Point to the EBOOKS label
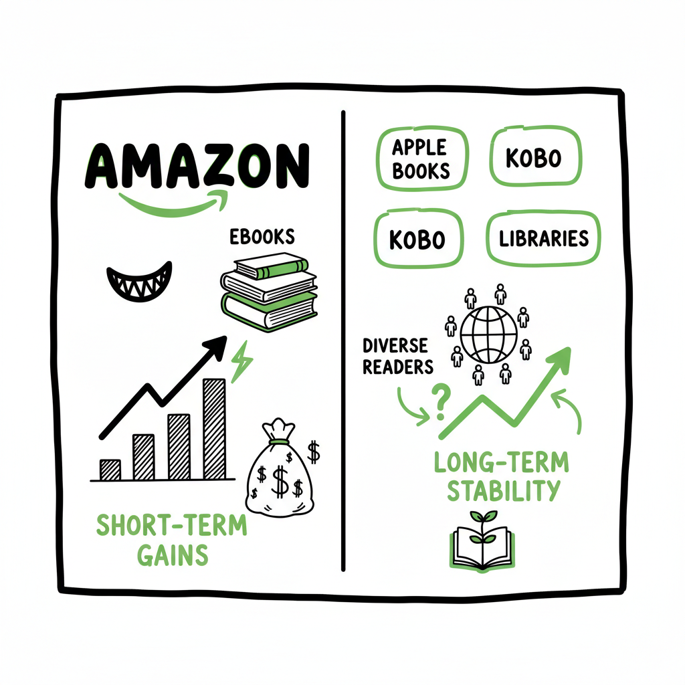pyautogui.click(x=262, y=237)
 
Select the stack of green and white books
pyautogui.click(x=269, y=294)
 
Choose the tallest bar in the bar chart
pyautogui.click(x=214, y=429)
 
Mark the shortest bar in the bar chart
pyautogui.click(x=110, y=470)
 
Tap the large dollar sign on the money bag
pyautogui.click(x=282, y=477)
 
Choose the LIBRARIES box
pyautogui.click(x=543, y=238)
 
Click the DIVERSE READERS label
pyautogui.click(x=396, y=355)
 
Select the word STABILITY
pyautogui.click(x=502, y=490)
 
